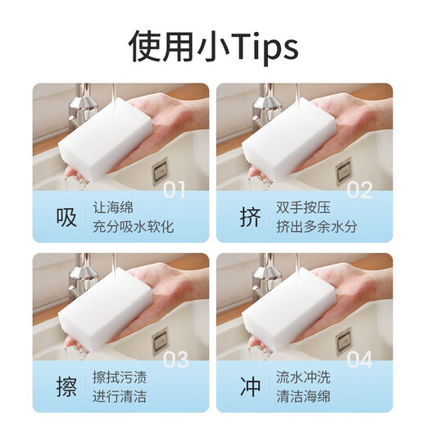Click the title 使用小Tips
click(213, 48)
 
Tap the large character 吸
click(66, 217)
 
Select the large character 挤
click(250, 217)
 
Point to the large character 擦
click(66, 387)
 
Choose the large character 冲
click(250, 387)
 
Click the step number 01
click(175, 190)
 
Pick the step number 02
click(360, 190)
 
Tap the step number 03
click(175, 360)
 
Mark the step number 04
click(360, 360)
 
